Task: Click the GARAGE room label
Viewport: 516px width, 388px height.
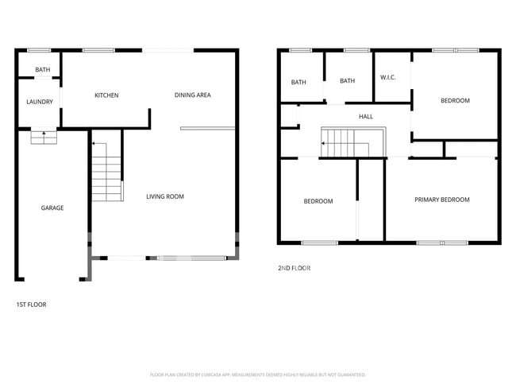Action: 52,208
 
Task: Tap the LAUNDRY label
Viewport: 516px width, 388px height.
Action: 40,102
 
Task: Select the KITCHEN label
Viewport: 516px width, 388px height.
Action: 106,95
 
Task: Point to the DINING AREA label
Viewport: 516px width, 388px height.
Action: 192,95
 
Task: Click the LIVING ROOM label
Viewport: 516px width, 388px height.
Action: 165,196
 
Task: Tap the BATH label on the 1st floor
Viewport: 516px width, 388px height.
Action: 42,70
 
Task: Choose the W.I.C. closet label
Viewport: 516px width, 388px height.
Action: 388,77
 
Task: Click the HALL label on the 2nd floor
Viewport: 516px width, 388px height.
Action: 366,117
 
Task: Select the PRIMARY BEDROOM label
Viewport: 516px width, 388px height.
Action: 442,200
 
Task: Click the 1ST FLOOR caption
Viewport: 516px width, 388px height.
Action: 32,305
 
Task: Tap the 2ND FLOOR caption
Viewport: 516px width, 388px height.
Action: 294,269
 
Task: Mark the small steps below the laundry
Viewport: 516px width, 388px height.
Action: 44,138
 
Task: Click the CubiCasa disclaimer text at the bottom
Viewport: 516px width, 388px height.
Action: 257,374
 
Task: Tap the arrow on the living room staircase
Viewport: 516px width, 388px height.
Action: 93,145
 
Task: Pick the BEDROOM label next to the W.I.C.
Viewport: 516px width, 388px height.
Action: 456,101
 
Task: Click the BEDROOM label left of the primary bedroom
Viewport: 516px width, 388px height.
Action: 318,202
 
